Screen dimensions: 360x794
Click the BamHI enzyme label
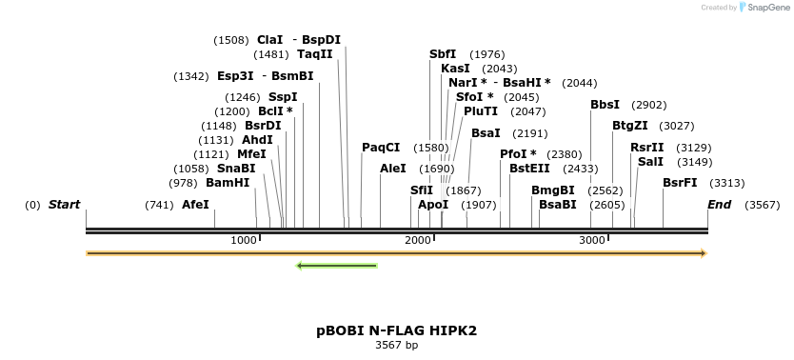[228, 183]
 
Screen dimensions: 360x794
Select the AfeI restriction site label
[195, 205]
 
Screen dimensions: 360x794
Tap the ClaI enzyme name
[270, 40]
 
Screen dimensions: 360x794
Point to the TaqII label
[315, 54]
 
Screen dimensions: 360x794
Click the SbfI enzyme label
[443, 54]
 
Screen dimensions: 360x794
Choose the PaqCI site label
[381, 148]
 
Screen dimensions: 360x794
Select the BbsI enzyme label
[605, 105]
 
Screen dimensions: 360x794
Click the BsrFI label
[680, 183]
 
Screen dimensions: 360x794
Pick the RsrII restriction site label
[647, 148]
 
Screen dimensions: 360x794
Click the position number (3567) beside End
[762, 205]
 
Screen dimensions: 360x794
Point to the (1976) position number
[487, 54]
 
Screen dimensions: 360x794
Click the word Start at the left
[64, 205]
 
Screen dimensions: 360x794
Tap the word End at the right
[719, 205]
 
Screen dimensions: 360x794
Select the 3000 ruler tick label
[592, 240]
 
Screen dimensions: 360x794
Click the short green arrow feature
[337, 265]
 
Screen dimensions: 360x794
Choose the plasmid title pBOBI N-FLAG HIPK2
[396, 330]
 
